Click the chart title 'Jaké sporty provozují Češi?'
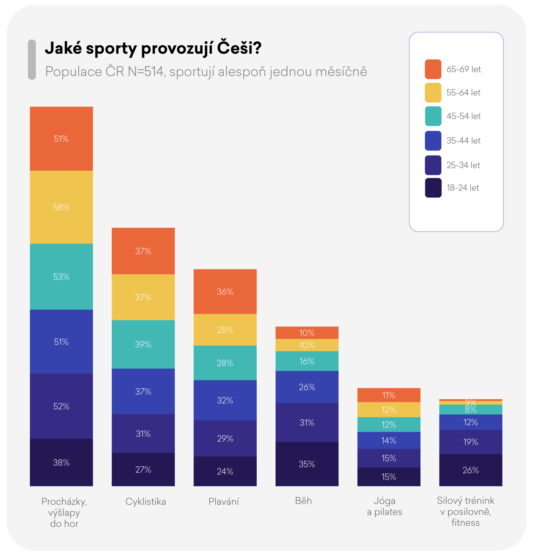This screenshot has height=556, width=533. (x=153, y=48)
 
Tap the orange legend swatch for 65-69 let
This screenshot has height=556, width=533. (x=433, y=69)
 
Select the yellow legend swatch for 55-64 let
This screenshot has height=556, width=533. (x=433, y=93)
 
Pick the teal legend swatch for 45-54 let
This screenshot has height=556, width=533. (x=433, y=116)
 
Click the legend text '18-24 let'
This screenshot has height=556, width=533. (x=463, y=188)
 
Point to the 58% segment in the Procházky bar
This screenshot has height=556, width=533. (x=61, y=207)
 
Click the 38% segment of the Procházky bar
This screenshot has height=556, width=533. (x=61, y=462)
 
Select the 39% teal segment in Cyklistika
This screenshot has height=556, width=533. (x=143, y=344)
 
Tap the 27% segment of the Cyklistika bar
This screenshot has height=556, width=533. (x=143, y=469)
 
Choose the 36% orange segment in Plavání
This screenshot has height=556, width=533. (x=225, y=291)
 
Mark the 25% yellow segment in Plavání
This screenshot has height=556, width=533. (x=225, y=330)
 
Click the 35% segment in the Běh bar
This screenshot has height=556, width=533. (x=307, y=464)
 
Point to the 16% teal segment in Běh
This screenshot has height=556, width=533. (x=307, y=361)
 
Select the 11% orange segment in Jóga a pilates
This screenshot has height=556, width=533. (x=389, y=395)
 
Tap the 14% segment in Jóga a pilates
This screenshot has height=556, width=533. (x=389, y=440)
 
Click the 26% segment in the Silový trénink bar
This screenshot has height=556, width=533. (x=470, y=470)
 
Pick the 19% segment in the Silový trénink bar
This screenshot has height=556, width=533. (x=470, y=442)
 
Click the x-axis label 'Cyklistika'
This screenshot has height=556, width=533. (x=146, y=501)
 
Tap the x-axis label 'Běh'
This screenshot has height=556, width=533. (x=304, y=501)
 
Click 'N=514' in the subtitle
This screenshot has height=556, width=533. (x=146, y=72)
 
